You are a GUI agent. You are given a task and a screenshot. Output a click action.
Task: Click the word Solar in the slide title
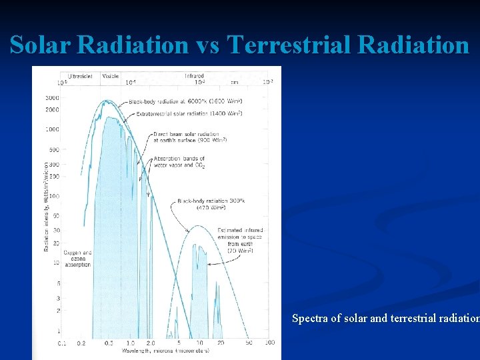click(41, 45)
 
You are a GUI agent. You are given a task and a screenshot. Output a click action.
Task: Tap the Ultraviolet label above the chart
click(81, 76)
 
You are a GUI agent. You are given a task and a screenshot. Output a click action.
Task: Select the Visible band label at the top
click(110, 76)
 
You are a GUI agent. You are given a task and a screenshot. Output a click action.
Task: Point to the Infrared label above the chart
click(194, 76)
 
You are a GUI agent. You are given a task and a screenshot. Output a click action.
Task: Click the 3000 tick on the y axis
click(51, 98)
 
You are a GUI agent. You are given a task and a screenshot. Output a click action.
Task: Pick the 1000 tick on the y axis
click(51, 129)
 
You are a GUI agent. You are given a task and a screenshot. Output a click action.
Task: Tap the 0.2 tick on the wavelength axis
click(81, 343)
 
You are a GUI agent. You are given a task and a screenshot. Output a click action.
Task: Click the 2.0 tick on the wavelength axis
click(151, 343)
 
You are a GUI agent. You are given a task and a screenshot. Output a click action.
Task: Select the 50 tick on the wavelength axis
click(249, 343)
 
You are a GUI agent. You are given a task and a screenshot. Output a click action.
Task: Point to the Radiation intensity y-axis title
click(46, 206)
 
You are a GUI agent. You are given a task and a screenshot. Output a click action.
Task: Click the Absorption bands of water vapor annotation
click(179, 162)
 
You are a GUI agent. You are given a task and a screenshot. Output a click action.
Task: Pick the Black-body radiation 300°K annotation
click(209, 203)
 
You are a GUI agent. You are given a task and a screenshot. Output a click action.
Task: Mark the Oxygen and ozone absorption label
click(77, 259)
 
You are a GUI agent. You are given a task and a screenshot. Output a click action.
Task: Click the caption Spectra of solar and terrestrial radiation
click(385, 319)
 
